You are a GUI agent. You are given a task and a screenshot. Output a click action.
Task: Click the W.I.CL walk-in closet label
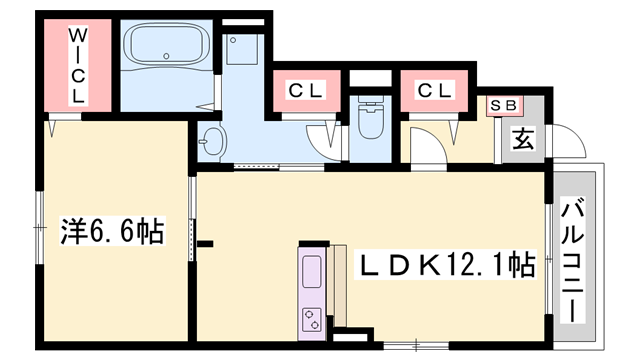[x=78, y=67]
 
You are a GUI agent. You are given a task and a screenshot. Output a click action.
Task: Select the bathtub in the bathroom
[x=164, y=46]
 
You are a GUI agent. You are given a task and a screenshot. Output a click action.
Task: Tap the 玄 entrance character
[x=522, y=137]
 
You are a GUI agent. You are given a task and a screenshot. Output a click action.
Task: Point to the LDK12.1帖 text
[x=447, y=265]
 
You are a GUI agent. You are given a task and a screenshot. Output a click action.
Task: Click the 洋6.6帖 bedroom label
[x=112, y=232]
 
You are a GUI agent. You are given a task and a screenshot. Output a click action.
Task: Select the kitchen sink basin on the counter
[x=311, y=271]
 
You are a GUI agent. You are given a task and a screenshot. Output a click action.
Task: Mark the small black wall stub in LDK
[x=204, y=242]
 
